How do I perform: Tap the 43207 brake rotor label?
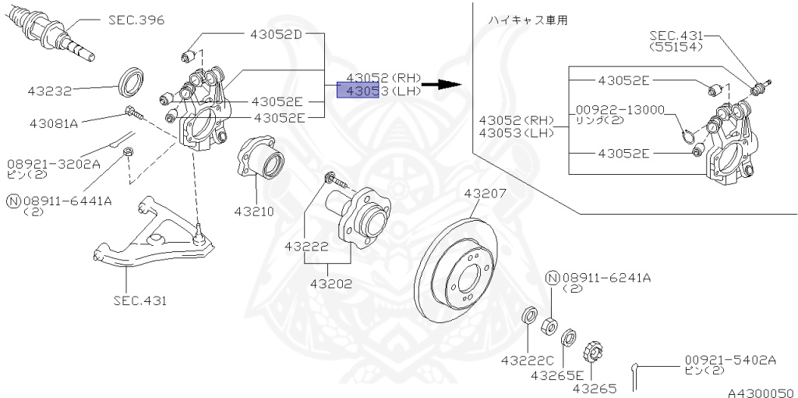point(486,194)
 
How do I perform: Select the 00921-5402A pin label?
point(730,360)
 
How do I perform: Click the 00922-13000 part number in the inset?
point(620,109)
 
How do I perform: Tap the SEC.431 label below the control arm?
point(139,300)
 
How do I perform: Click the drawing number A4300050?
point(761,393)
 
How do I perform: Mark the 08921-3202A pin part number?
point(54,164)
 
